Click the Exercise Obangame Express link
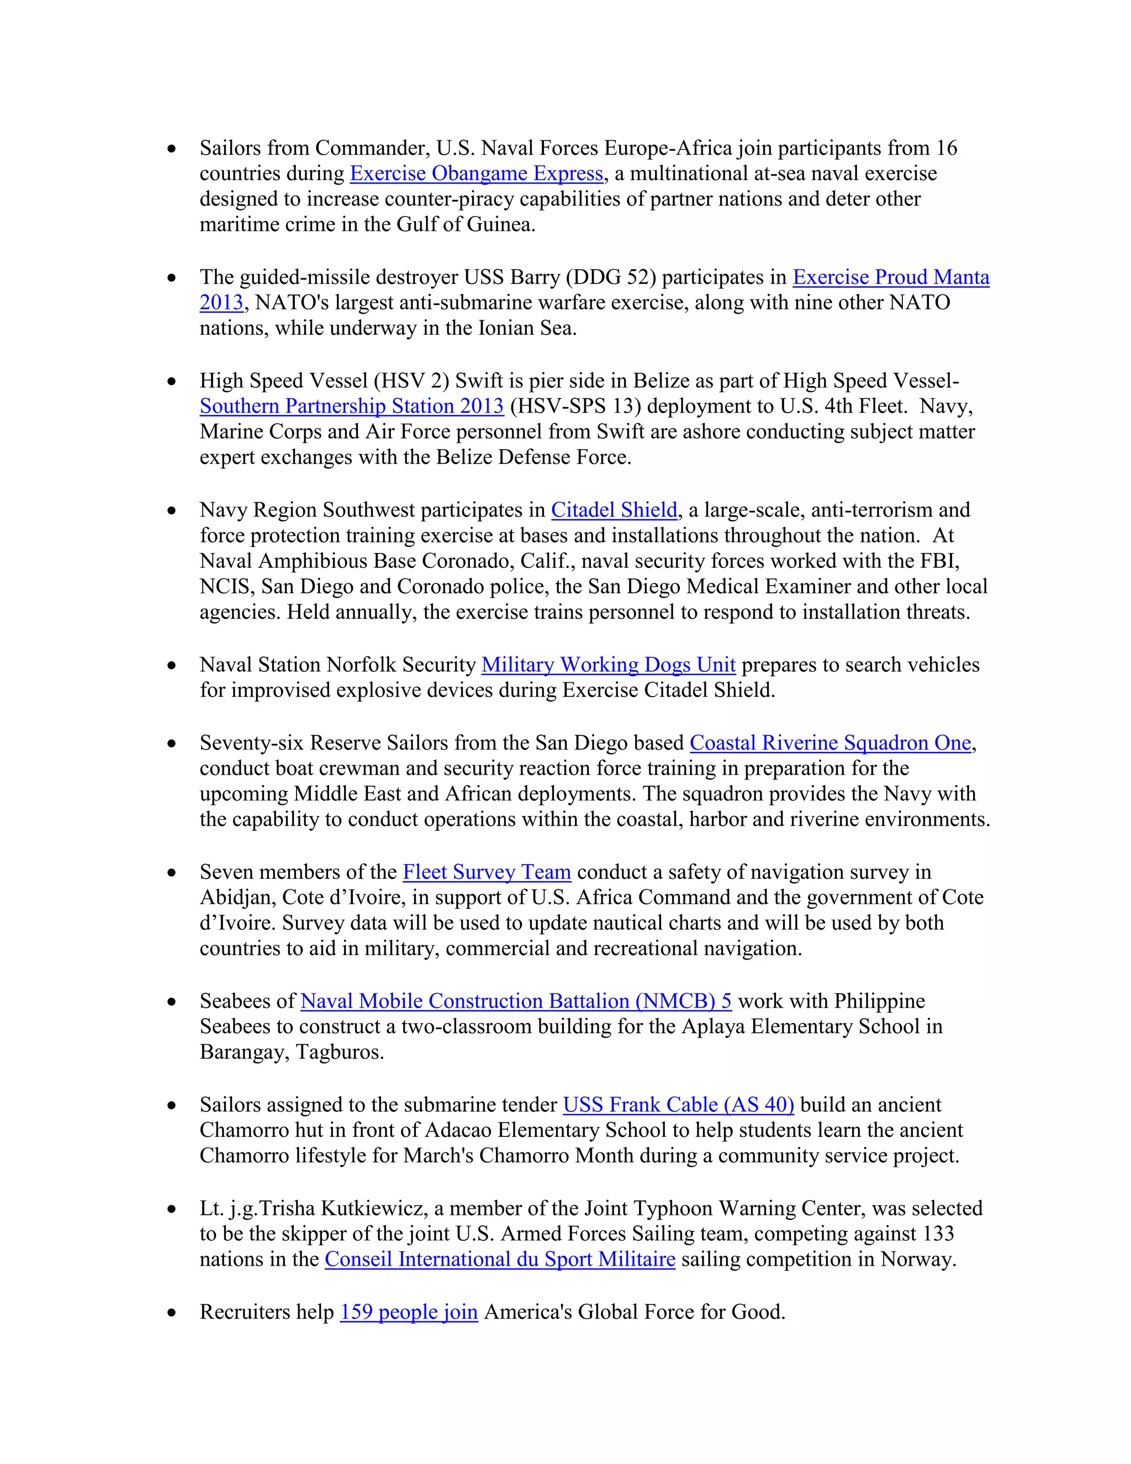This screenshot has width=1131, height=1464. [477, 173]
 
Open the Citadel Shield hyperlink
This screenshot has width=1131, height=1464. [614, 510]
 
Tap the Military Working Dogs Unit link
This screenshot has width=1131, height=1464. [609, 665]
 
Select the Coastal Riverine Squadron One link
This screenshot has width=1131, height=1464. [830, 742]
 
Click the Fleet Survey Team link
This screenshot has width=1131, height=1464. [487, 872]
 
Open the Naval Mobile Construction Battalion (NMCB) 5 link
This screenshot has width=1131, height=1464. [516, 1002]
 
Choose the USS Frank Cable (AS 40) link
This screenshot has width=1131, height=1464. [678, 1105]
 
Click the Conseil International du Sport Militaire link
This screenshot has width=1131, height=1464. [500, 1260]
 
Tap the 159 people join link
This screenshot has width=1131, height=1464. [409, 1312]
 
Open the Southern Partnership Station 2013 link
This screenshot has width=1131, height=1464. [351, 406]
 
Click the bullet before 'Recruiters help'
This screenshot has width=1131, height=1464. [172, 1313]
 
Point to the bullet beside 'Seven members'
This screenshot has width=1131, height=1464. [172, 873]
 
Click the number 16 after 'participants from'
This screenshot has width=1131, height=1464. [946, 148]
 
